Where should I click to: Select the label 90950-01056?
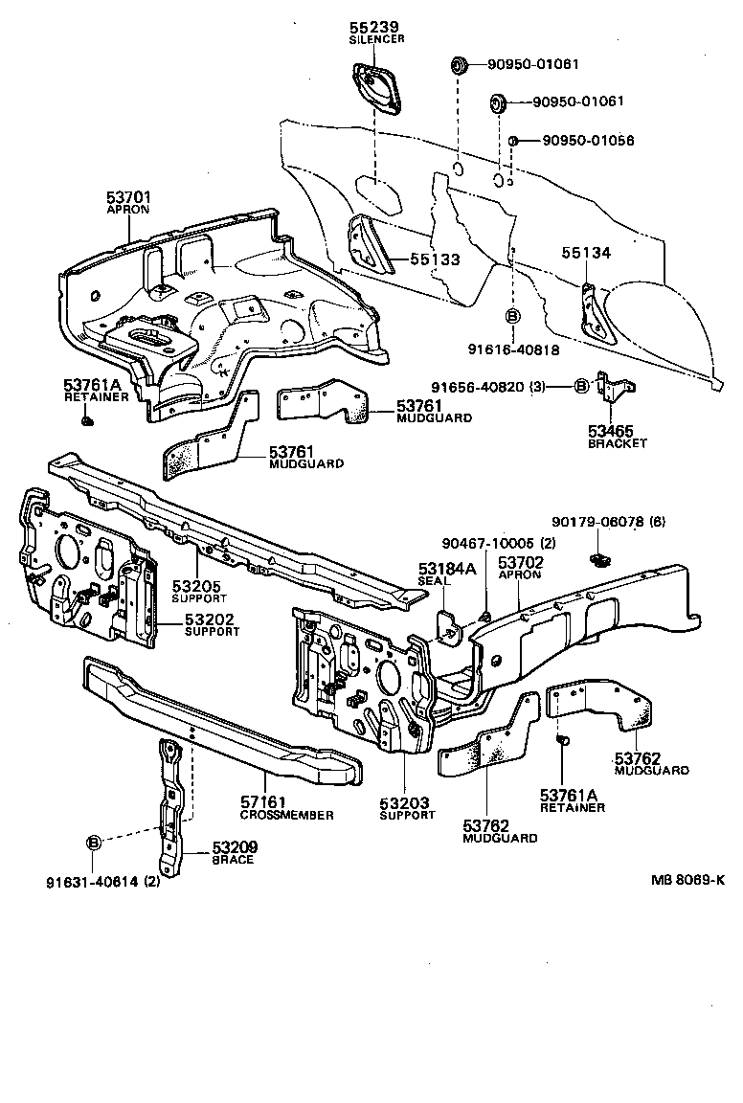pyautogui.click(x=588, y=141)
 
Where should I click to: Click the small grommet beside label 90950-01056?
pyautogui.click(x=513, y=141)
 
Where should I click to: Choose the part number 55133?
pyautogui.click(x=436, y=259)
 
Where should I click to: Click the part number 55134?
pyautogui.click(x=585, y=254)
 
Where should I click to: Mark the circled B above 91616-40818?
pyautogui.click(x=512, y=317)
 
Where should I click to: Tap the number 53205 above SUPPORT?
pyautogui.click(x=195, y=586)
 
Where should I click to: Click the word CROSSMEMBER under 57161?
pyautogui.click(x=286, y=815)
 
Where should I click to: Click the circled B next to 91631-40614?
pyautogui.click(x=94, y=843)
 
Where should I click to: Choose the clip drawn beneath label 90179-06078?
pyautogui.click(x=600, y=559)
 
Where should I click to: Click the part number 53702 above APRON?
pyautogui.click(x=521, y=562)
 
